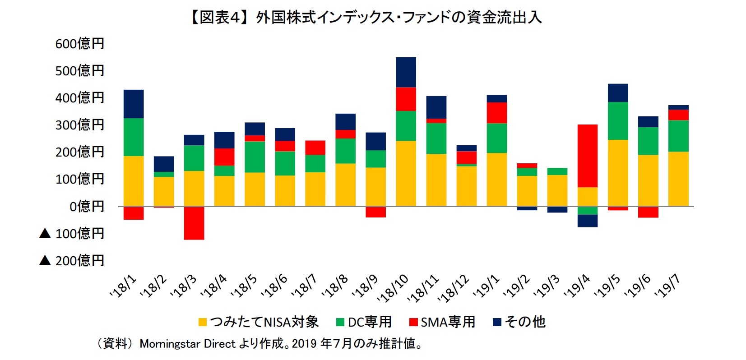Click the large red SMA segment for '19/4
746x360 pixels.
587,156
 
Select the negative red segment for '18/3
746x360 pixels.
194,223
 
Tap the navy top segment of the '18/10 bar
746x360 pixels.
406,72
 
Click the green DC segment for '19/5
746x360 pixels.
617,121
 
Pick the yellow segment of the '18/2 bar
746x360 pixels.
164,191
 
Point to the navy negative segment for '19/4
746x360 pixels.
587,221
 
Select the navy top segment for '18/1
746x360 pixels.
134,104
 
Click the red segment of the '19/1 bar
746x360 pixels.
496,113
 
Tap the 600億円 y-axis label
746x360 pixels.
80,44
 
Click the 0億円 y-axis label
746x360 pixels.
87,206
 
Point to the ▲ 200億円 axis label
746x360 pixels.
72,260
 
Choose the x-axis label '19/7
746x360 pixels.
667,286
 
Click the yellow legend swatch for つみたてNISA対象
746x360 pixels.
203,322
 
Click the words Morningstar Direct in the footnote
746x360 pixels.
187,344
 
